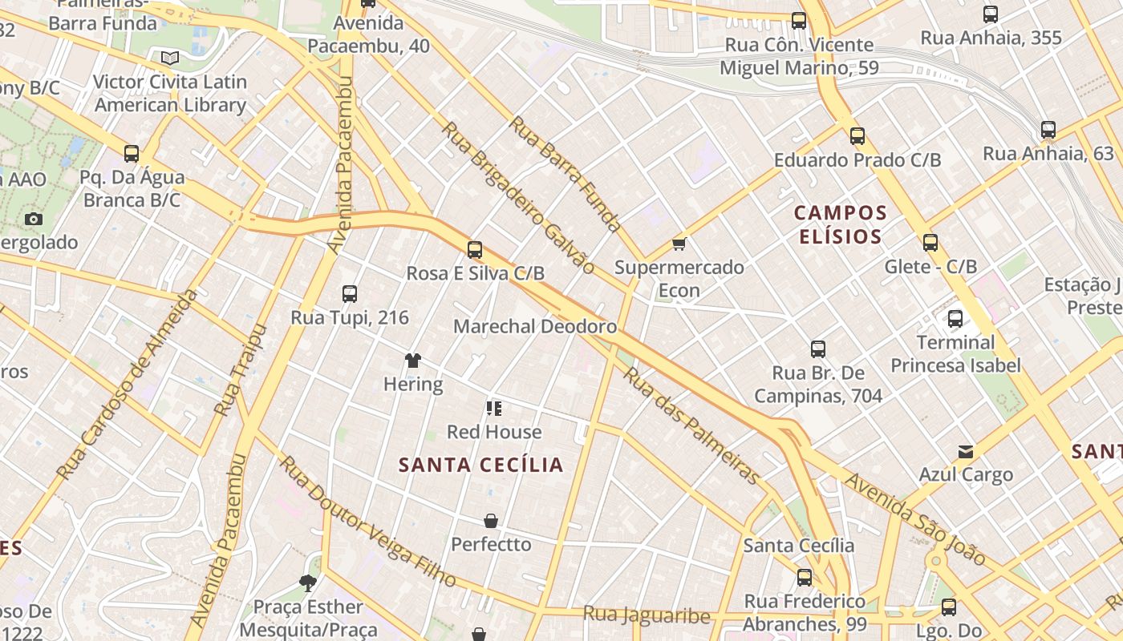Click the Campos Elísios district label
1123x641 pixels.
[x=840, y=224]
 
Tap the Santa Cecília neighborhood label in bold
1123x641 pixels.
[x=481, y=465]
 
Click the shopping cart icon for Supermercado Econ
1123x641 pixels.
[x=679, y=244]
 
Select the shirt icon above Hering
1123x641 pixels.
[x=413, y=361]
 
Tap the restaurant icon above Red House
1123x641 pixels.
[x=494, y=409]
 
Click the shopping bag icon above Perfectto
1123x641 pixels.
[x=491, y=521]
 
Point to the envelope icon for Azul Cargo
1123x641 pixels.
[x=966, y=452]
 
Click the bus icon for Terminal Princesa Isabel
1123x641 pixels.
[x=955, y=319]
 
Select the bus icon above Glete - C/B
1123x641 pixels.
[x=930, y=243]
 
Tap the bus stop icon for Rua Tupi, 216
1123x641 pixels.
[x=350, y=294]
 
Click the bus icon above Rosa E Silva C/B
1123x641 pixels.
[x=475, y=250]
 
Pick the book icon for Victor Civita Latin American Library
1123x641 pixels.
[x=169, y=58]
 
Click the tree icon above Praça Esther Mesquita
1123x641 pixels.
[x=307, y=583]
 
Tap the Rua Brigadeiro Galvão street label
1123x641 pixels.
[x=517, y=197]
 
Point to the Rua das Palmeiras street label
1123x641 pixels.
[x=691, y=426]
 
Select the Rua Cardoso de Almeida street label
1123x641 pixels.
[x=129, y=385]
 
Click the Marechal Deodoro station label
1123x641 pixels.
[x=535, y=326]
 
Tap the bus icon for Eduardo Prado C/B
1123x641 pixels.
[x=857, y=136]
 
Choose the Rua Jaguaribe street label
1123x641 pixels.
[x=647, y=615]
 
